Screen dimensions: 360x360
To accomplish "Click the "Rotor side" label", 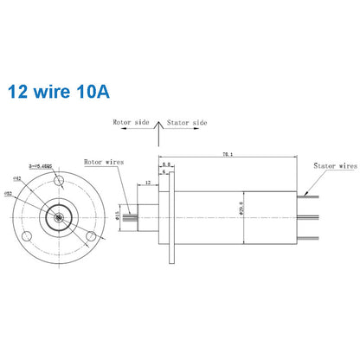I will [x=131, y=122].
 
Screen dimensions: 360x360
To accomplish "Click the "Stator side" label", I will [x=186, y=122].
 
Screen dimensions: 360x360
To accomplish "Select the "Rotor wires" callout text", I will [x=104, y=162].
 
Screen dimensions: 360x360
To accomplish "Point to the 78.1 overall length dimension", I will [x=228, y=154].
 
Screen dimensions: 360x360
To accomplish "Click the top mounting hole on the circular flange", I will [x=58, y=182].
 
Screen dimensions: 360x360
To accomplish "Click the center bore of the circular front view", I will [x=57, y=216].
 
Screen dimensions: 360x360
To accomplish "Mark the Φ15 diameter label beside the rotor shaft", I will [x=120, y=215].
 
